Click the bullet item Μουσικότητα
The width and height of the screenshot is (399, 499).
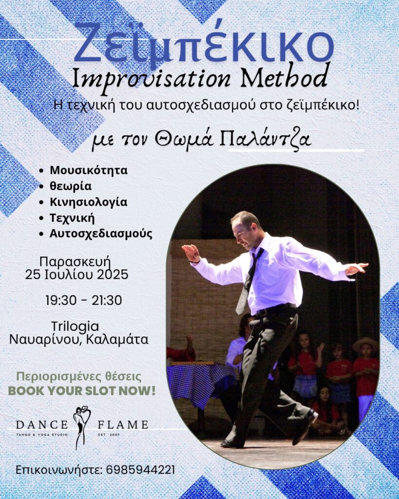point(89,170)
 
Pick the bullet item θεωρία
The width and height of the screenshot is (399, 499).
point(71,186)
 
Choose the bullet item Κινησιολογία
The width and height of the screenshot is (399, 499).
point(89,202)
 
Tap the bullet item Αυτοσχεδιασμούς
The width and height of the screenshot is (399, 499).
point(101,234)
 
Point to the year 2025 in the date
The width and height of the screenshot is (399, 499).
point(113,274)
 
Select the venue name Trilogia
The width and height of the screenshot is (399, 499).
point(75,326)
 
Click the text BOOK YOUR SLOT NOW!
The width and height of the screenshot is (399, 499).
point(82,390)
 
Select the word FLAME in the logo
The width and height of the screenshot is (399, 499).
point(123,424)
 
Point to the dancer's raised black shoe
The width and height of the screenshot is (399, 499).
point(305,426)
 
